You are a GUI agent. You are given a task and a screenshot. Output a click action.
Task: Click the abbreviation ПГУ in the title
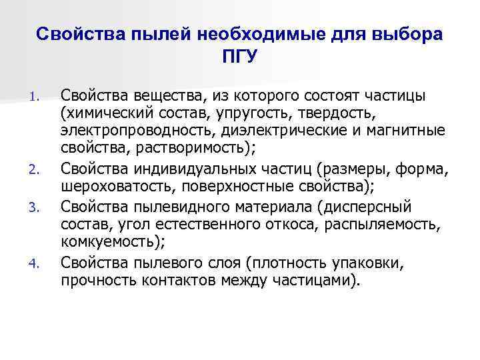239,57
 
